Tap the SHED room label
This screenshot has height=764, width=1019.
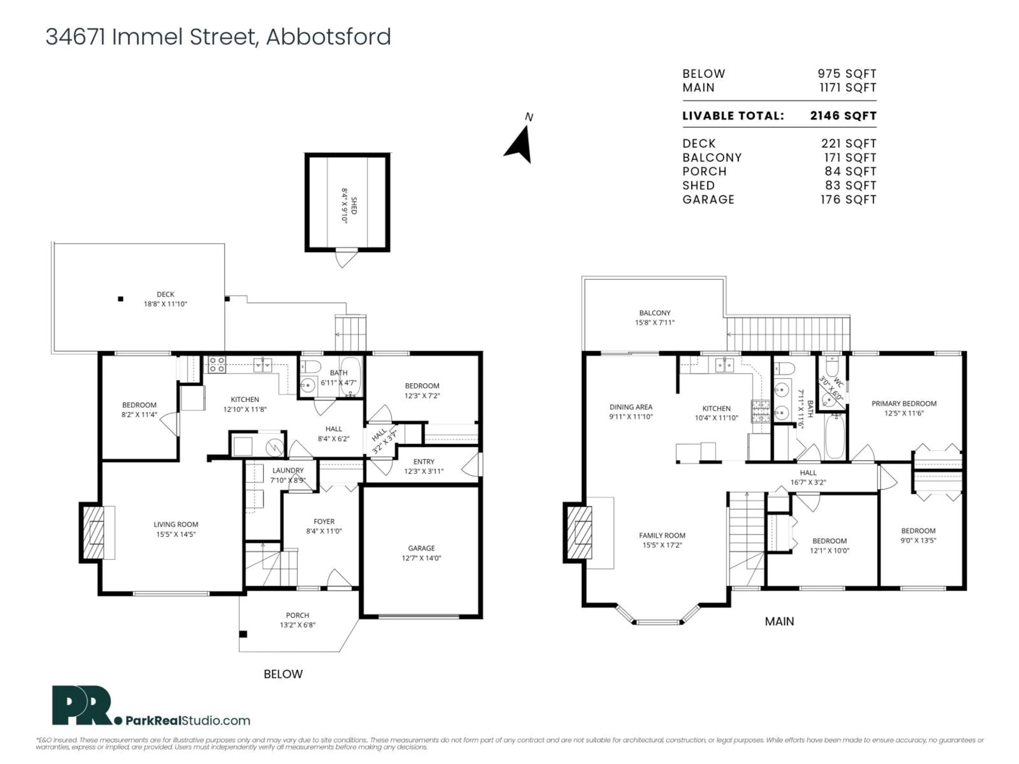point(354,205)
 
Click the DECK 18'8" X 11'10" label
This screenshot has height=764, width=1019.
point(165,299)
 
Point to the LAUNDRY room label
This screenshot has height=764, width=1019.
point(288,470)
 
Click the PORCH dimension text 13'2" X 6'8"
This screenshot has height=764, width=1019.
point(297,625)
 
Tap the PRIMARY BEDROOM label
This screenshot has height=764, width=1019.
point(904,403)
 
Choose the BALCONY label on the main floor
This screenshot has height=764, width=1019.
point(655,313)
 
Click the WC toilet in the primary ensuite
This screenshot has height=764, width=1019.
point(831,366)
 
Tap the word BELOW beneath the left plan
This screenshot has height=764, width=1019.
point(283,674)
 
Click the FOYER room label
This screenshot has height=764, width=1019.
point(324,521)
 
